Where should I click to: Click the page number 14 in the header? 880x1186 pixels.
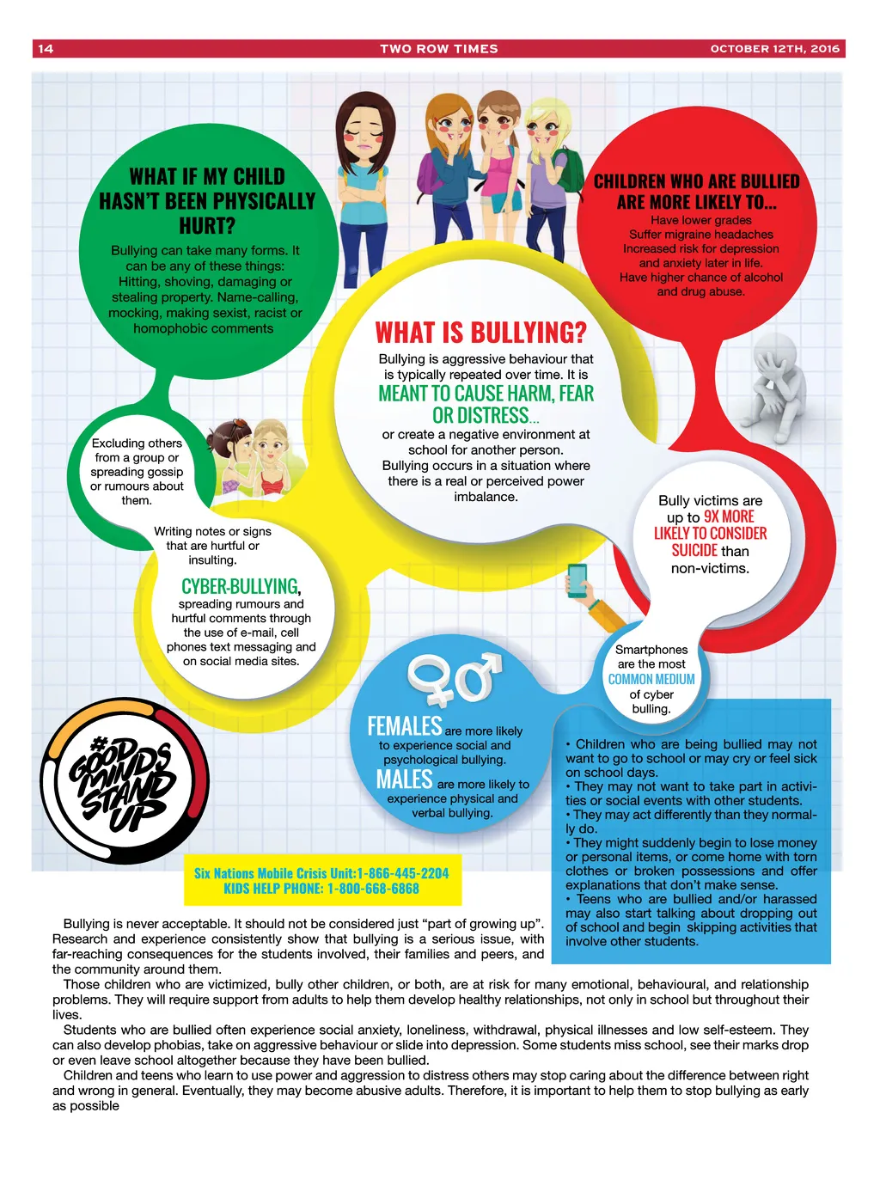tap(46, 49)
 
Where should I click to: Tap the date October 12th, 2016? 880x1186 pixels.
tap(774, 49)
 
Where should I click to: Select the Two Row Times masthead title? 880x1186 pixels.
tap(439, 49)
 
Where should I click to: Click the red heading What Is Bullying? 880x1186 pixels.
tap(480, 332)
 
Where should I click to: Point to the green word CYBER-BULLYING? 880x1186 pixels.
tap(240, 587)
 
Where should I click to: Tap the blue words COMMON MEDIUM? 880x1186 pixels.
tap(651, 679)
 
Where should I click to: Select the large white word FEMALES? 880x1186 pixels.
tap(405, 726)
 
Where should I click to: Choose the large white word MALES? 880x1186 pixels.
tap(404, 779)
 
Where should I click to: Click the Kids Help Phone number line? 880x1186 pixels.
tap(321, 889)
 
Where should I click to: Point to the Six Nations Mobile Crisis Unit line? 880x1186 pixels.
tap(321, 873)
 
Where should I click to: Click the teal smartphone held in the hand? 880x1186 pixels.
tap(577, 581)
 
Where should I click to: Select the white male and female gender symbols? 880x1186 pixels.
tap(455, 679)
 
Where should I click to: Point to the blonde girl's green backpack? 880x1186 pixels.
tap(568, 170)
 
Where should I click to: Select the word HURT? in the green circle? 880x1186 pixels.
tap(207, 225)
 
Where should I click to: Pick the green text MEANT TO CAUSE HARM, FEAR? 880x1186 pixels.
tap(486, 393)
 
